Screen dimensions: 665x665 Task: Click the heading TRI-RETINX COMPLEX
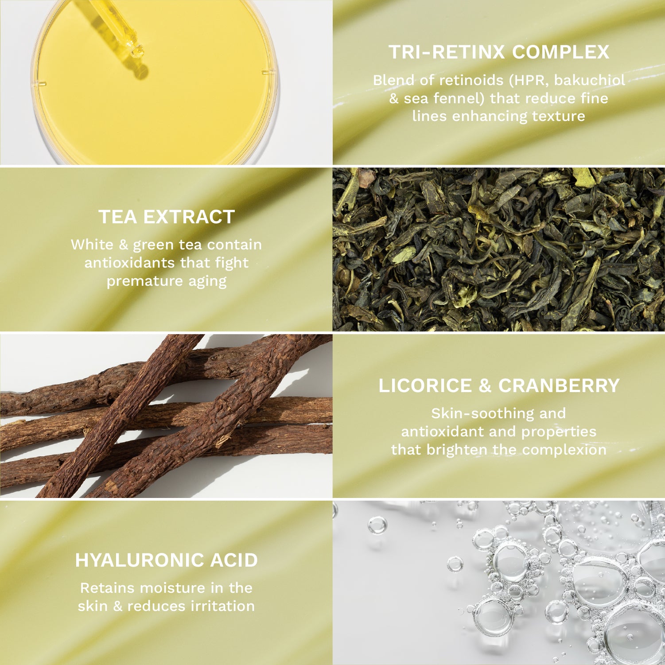(499, 52)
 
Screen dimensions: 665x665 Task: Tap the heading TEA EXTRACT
(167, 217)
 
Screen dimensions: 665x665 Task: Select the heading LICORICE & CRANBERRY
(499, 385)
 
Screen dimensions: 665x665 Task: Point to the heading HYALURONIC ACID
(167, 560)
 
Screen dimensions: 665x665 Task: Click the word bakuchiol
(590, 80)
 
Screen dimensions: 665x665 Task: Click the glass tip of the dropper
(137, 51)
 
